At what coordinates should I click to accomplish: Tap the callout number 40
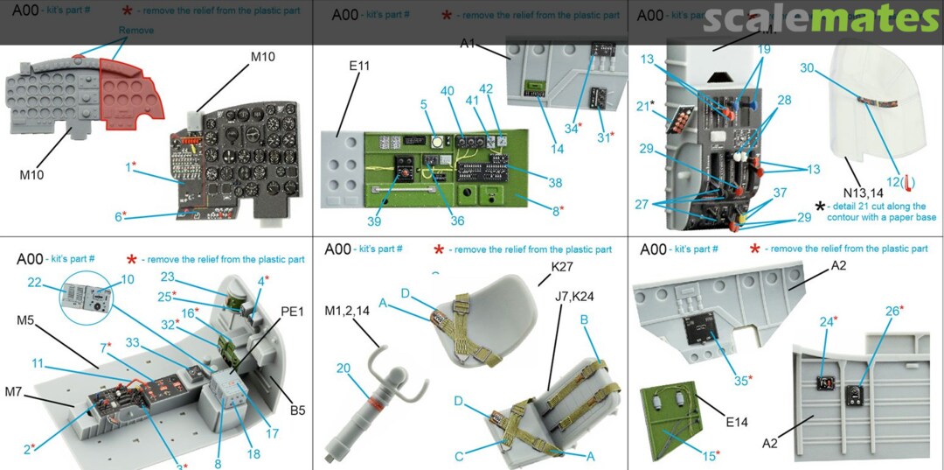(447, 91)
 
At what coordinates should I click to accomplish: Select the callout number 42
(486, 88)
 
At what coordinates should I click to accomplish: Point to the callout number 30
(807, 67)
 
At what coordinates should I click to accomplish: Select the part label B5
(296, 410)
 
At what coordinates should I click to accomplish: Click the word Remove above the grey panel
(136, 31)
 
